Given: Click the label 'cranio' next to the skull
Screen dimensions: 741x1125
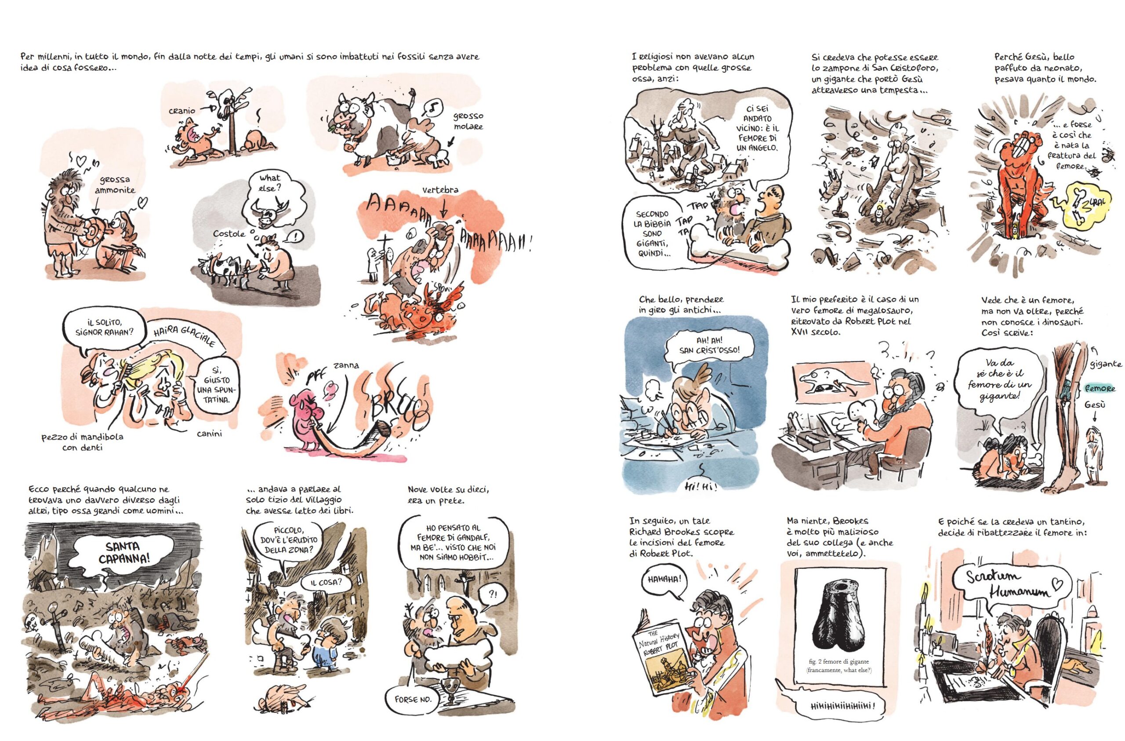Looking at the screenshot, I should click(x=182, y=111).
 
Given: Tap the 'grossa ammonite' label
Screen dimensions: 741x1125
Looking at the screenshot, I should click(x=115, y=185).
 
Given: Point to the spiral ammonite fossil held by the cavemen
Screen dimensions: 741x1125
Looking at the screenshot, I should click(x=94, y=232).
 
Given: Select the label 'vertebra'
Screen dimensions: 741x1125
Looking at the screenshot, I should click(x=440, y=189).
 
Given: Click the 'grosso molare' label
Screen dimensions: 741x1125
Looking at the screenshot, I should click(x=468, y=121).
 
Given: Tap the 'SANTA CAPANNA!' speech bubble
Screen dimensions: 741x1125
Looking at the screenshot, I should click(x=123, y=553).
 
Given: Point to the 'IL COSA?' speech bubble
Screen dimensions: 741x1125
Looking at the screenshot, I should click(x=325, y=582).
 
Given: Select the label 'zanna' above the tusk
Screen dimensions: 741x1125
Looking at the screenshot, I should click(x=346, y=365).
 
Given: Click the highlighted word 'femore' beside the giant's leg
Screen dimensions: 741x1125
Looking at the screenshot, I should click(x=1100, y=388).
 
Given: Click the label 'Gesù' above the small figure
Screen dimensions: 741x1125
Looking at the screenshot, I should click(x=1095, y=405).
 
